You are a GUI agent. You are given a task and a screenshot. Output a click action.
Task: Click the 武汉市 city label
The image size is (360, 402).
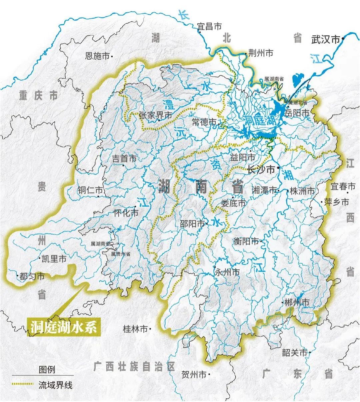tap(325, 40)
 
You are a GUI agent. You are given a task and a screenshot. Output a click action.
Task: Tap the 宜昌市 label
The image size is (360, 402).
tap(209, 26)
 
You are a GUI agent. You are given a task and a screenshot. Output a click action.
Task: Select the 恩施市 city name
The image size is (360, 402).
tap(97, 56)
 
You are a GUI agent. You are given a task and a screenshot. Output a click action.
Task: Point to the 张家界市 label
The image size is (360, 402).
tap(155, 115)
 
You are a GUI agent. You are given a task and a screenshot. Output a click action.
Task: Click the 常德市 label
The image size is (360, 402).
tap(204, 122)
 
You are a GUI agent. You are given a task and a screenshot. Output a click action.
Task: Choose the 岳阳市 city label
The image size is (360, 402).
tap(297, 113)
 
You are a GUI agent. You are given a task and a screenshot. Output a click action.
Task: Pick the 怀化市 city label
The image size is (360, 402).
tap(126, 212)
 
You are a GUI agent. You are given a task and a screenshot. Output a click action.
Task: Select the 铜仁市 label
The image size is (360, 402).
tap(90, 191)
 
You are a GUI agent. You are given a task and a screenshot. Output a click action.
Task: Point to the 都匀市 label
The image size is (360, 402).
tap(32, 276)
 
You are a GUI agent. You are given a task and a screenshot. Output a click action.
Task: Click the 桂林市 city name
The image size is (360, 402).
tap(135, 329)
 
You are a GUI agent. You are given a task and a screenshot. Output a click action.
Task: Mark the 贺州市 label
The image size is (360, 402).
tap(194, 375)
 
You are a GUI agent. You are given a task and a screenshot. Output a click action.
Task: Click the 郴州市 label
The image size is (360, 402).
tap(297, 302)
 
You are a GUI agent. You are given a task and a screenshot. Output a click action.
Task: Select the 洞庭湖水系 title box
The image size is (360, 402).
tap(64, 327)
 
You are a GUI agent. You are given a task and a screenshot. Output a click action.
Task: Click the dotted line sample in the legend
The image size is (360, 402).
tap(22, 384)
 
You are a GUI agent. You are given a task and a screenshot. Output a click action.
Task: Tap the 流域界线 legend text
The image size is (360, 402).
tap(55, 385)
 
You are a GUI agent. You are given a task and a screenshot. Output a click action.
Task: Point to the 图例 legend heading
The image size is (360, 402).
tap(47, 369)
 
